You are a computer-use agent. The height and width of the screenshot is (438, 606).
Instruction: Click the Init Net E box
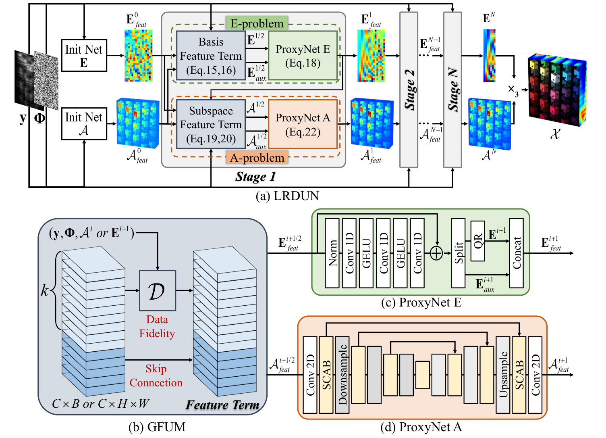84,56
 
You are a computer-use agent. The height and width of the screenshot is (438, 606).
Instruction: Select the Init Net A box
84,124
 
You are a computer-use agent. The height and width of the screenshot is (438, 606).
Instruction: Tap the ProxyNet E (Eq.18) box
303,56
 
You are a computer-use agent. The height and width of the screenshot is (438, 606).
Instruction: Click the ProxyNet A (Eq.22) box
303,125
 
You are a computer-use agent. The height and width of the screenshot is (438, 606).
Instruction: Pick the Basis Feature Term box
211,56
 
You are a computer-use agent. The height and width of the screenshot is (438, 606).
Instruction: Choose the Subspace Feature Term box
211,125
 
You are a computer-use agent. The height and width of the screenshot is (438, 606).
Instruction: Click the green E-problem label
257,23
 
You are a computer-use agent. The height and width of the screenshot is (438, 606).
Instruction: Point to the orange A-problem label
257,158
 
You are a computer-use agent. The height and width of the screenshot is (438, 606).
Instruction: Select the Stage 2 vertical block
409,90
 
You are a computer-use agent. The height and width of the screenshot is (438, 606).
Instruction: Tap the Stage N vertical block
452,90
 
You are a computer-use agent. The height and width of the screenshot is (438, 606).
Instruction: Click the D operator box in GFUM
157,290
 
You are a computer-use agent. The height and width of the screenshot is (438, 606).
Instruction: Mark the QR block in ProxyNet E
478,241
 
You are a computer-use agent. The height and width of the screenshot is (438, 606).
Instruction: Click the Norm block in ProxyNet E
332,253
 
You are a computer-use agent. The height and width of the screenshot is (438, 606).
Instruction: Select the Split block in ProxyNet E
458,253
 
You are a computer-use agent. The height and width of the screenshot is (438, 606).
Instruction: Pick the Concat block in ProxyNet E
516,253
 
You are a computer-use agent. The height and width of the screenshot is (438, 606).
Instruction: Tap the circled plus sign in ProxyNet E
436,253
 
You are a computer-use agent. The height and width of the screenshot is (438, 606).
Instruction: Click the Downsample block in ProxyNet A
342,375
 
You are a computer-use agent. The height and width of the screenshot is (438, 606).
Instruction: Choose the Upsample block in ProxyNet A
503,375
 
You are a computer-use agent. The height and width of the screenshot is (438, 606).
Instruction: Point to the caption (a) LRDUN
287,196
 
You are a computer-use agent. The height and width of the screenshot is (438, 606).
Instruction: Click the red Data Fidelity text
157,327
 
